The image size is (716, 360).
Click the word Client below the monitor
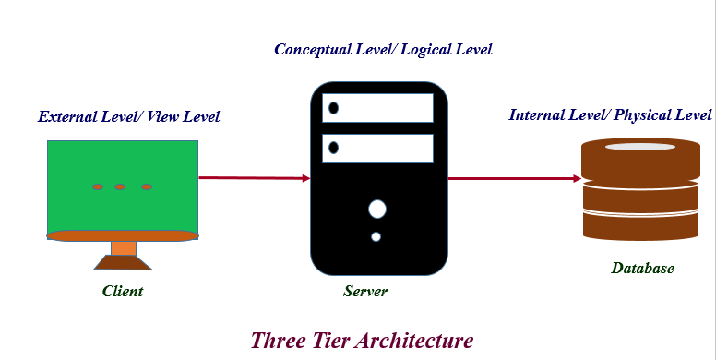click(x=123, y=291)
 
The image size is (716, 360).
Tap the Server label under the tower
click(x=365, y=291)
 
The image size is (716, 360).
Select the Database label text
click(x=642, y=268)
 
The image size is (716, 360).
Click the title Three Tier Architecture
click(x=362, y=341)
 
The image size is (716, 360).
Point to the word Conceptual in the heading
click(x=313, y=49)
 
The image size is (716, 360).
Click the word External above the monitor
click(x=67, y=116)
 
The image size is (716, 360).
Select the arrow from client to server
click(x=255, y=178)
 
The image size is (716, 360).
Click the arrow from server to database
click(x=514, y=178)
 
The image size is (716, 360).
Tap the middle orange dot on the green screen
click(x=120, y=186)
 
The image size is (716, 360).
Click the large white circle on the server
click(x=377, y=210)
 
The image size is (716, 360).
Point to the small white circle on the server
click(x=376, y=236)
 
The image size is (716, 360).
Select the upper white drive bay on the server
click(x=377, y=108)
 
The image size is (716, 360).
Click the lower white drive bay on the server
click(x=377, y=149)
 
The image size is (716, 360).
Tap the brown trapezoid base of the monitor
click(x=124, y=263)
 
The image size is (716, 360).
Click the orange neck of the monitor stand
click(x=124, y=248)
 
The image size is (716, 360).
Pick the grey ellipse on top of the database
click(x=640, y=147)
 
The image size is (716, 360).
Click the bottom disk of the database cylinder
click(x=641, y=227)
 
